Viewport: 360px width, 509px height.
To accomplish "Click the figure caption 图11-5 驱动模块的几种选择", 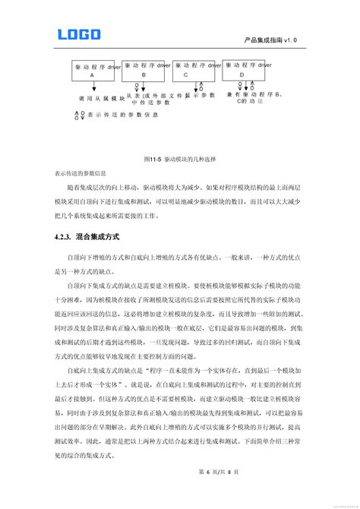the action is [x=179, y=159].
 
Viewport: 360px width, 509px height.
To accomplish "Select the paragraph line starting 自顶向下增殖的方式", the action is [x=182, y=259].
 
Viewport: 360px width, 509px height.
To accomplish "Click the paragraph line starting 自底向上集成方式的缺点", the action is [x=182, y=368].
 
